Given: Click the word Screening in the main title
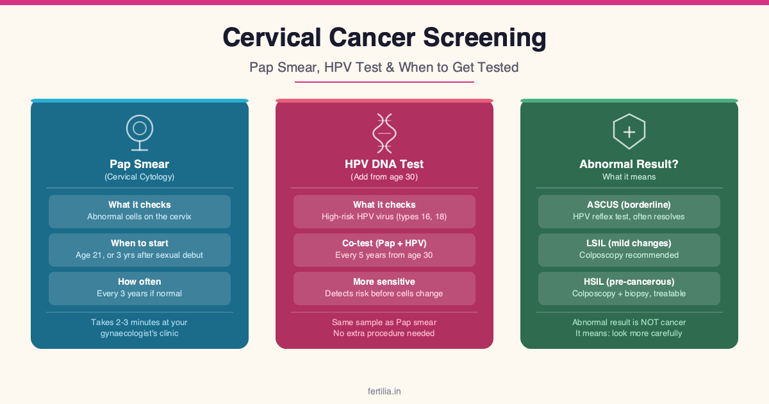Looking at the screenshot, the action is coord(484,38).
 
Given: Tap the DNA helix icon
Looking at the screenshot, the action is coord(384,133).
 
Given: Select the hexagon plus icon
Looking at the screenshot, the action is coord(629,131).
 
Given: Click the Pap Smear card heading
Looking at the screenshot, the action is coord(140,164).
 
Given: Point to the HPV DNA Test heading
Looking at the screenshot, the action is coord(384,164).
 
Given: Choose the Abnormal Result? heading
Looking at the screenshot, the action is coord(629,164).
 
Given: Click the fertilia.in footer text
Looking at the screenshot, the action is coord(384,391).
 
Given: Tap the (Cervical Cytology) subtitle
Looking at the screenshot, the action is coord(140,177).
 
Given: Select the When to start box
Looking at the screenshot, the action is coord(140,250).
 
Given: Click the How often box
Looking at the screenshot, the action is coord(140,289).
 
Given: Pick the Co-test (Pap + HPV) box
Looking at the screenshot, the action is coord(384,250).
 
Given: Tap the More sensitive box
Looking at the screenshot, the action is coord(384,289).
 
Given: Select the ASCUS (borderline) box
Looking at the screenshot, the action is coord(629,212).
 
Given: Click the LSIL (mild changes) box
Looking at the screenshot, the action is coord(629,250).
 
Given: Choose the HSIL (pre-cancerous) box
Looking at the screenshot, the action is coord(629,289).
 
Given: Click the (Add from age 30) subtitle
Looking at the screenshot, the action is coord(384,177).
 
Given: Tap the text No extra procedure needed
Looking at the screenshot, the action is coord(384,333).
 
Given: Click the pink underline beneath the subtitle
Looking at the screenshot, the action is coord(384,82).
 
